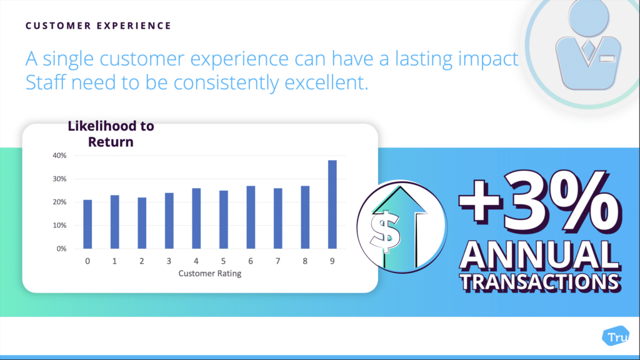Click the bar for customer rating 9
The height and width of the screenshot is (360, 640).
pyautogui.click(x=332, y=204)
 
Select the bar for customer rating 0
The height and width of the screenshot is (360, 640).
pyautogui.click(x=87, y=224)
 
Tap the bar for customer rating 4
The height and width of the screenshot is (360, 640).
pyautogui.click(x=196, y=218)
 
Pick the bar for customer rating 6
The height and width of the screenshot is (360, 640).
pyautogui.click(x=251, y=217)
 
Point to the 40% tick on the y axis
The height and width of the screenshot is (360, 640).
pyautogui.click(x=59, y=156)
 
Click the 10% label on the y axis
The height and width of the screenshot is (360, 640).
pyautogui.click(x=59, y=225)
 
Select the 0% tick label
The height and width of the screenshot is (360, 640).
pyautogui.click(x=61, y=249)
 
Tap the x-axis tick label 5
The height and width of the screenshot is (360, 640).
pyautogui.click(x=223, y=261)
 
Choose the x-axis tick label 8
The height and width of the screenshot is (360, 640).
pyautogui.click(x=305, y=261)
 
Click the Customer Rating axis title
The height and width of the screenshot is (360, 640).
pyautogui.click(x=210, y=274)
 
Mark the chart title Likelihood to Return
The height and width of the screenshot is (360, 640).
pyautogui.click(x=111, y=134)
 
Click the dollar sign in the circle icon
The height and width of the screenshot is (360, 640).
pyautogui.click(x=385, y=231)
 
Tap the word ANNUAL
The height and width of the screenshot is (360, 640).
pyautogui.click(x=539, y=256)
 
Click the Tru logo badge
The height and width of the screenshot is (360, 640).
pyautogui.click(x=616, y=336)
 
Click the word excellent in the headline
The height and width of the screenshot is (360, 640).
pyautogui.click(x=326, y=82)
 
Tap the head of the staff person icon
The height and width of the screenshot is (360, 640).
pyautogui.click(x=588, y=17)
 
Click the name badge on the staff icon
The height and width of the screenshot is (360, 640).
pyautogui.click(x=607, y=59)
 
